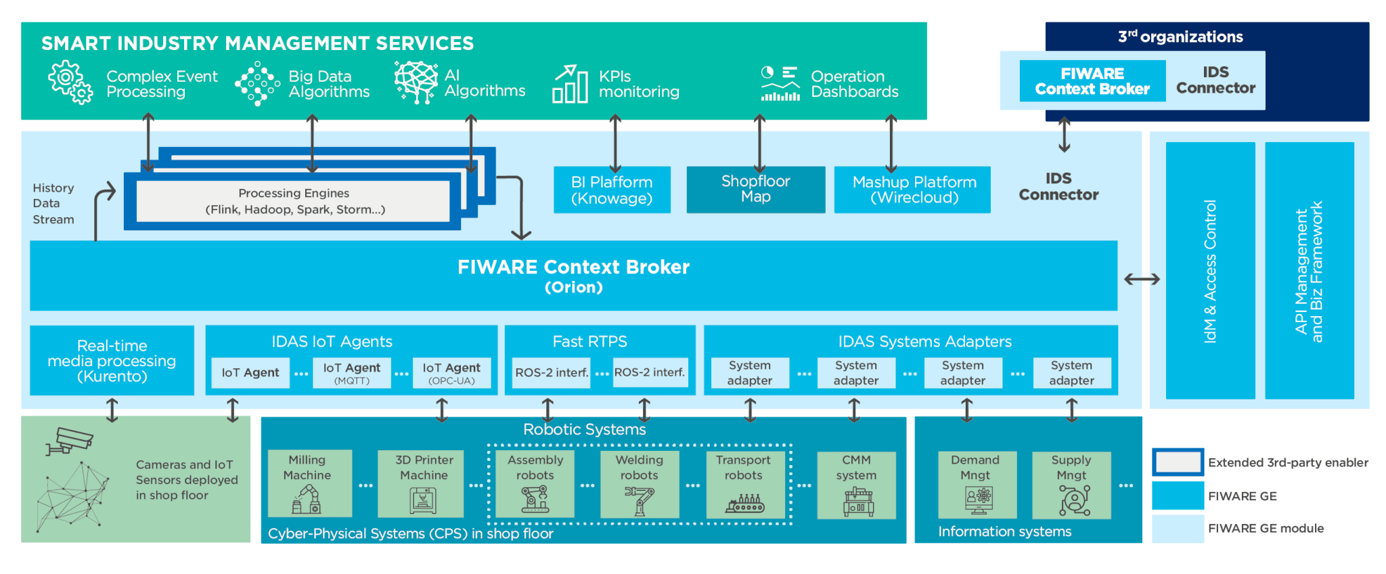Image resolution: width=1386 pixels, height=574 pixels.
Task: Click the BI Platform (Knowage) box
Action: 612,190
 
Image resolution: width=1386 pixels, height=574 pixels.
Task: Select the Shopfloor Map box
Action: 756,190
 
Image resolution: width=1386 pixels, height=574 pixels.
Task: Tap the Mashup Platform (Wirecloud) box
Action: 912,190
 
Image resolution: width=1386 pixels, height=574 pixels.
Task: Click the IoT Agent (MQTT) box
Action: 352,373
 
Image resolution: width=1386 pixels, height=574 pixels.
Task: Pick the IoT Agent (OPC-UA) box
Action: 451,373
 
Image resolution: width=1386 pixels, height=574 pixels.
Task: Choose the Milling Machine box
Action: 310,483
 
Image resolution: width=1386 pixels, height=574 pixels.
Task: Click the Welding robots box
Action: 640,484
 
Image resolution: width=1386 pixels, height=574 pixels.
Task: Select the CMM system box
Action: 856,485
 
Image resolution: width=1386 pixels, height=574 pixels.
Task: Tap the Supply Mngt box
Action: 1071,485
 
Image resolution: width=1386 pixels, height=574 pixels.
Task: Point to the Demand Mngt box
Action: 977,485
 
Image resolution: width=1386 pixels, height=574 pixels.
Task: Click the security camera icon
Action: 69,441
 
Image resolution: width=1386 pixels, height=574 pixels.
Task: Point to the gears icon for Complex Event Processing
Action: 70,83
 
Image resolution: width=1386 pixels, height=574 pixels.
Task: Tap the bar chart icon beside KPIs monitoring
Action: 570,84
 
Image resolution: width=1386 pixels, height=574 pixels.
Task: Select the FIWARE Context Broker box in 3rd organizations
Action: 1092,81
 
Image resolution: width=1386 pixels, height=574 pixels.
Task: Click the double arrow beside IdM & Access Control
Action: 1142,279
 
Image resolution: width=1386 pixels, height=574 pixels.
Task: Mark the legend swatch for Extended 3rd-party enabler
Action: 1178,462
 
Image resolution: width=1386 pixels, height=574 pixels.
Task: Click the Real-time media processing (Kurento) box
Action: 112,360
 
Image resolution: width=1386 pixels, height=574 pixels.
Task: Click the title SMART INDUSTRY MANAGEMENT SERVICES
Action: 258,43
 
